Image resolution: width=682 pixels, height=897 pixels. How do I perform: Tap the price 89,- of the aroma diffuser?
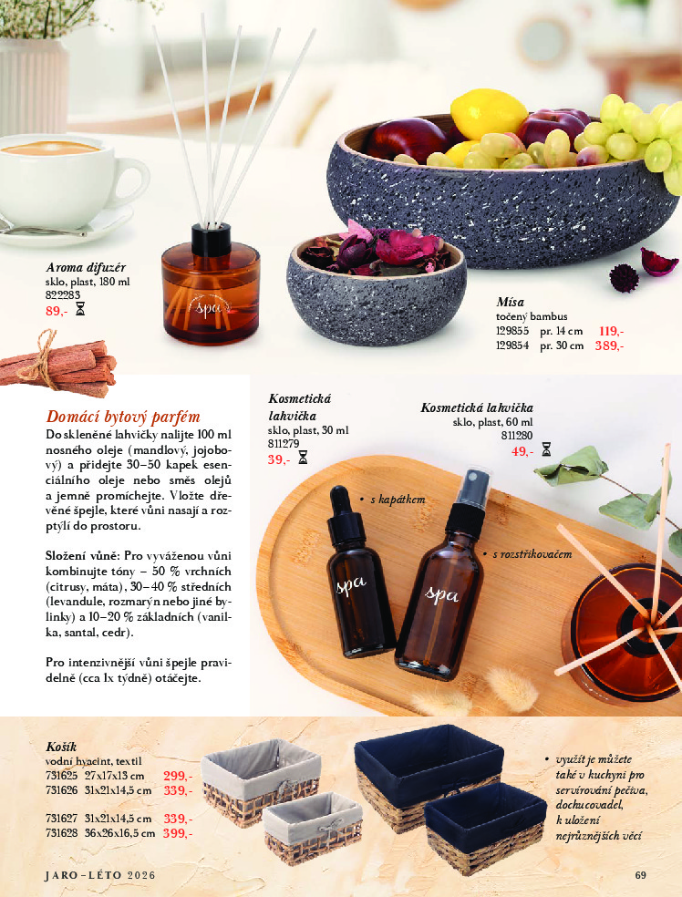(56, 311)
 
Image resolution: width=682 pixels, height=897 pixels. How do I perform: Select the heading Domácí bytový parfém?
(123, 416)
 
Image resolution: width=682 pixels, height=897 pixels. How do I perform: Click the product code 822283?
(62, 295)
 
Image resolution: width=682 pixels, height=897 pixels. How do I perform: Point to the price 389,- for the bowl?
(609, 345)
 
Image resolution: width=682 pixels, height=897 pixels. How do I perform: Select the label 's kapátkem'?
(398, 500)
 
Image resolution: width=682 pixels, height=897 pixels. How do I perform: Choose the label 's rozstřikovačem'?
(532, 553)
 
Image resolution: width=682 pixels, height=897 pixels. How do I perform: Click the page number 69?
(640, 875)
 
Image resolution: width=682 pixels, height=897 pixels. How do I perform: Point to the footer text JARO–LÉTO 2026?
(100, 875)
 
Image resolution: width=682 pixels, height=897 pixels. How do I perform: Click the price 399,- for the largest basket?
(178, 833)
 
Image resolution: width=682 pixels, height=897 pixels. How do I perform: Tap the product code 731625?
(62, 777)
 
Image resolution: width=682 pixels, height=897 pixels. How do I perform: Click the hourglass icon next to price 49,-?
(546, 450)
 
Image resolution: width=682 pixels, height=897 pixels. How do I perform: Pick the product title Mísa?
(511, 302)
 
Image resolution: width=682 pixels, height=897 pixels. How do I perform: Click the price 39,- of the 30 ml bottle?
(279, 459)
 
